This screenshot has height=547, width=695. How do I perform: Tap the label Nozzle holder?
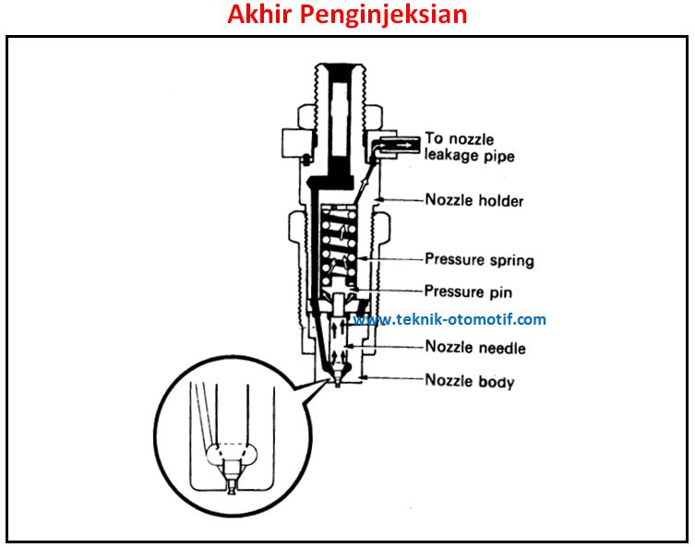click(473, 199)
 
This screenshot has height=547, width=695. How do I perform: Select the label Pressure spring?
click(479, 259)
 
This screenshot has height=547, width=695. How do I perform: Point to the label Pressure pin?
click(468, 291)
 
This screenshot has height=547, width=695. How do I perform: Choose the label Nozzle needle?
click(475, 348)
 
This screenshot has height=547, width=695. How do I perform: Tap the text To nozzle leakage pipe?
click(469, 148)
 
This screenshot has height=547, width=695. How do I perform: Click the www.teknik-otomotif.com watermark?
click(450, 320)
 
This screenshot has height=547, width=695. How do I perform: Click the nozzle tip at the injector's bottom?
click(339, 380)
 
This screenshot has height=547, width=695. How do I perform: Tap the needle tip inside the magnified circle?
click(232, 482)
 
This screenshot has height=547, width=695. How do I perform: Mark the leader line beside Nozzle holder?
click(401, 198)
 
